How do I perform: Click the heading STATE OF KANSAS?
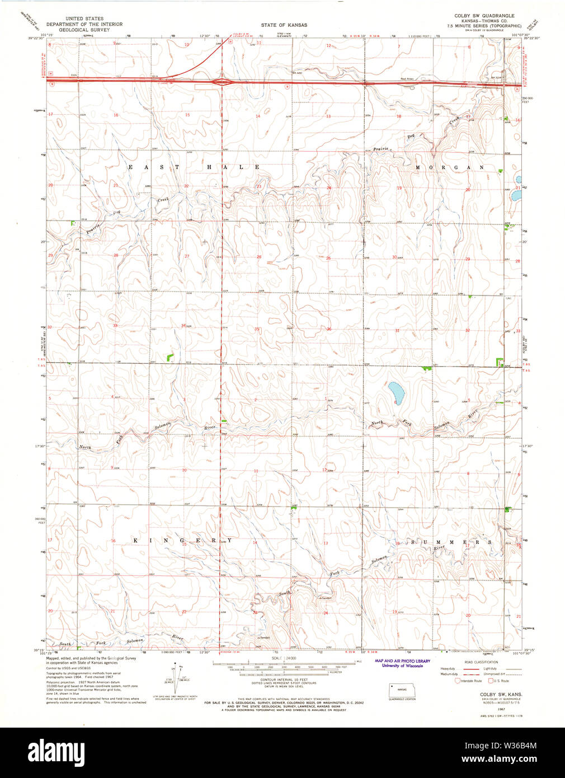284,25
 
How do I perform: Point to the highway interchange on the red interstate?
222,82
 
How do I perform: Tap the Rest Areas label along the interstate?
406,79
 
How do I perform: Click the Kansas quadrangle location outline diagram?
402,691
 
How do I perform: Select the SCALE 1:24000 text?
284,658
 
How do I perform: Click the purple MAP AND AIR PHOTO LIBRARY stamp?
402,663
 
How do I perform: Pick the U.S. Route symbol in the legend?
491,681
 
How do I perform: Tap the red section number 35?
257,329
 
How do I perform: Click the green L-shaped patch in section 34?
171,356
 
